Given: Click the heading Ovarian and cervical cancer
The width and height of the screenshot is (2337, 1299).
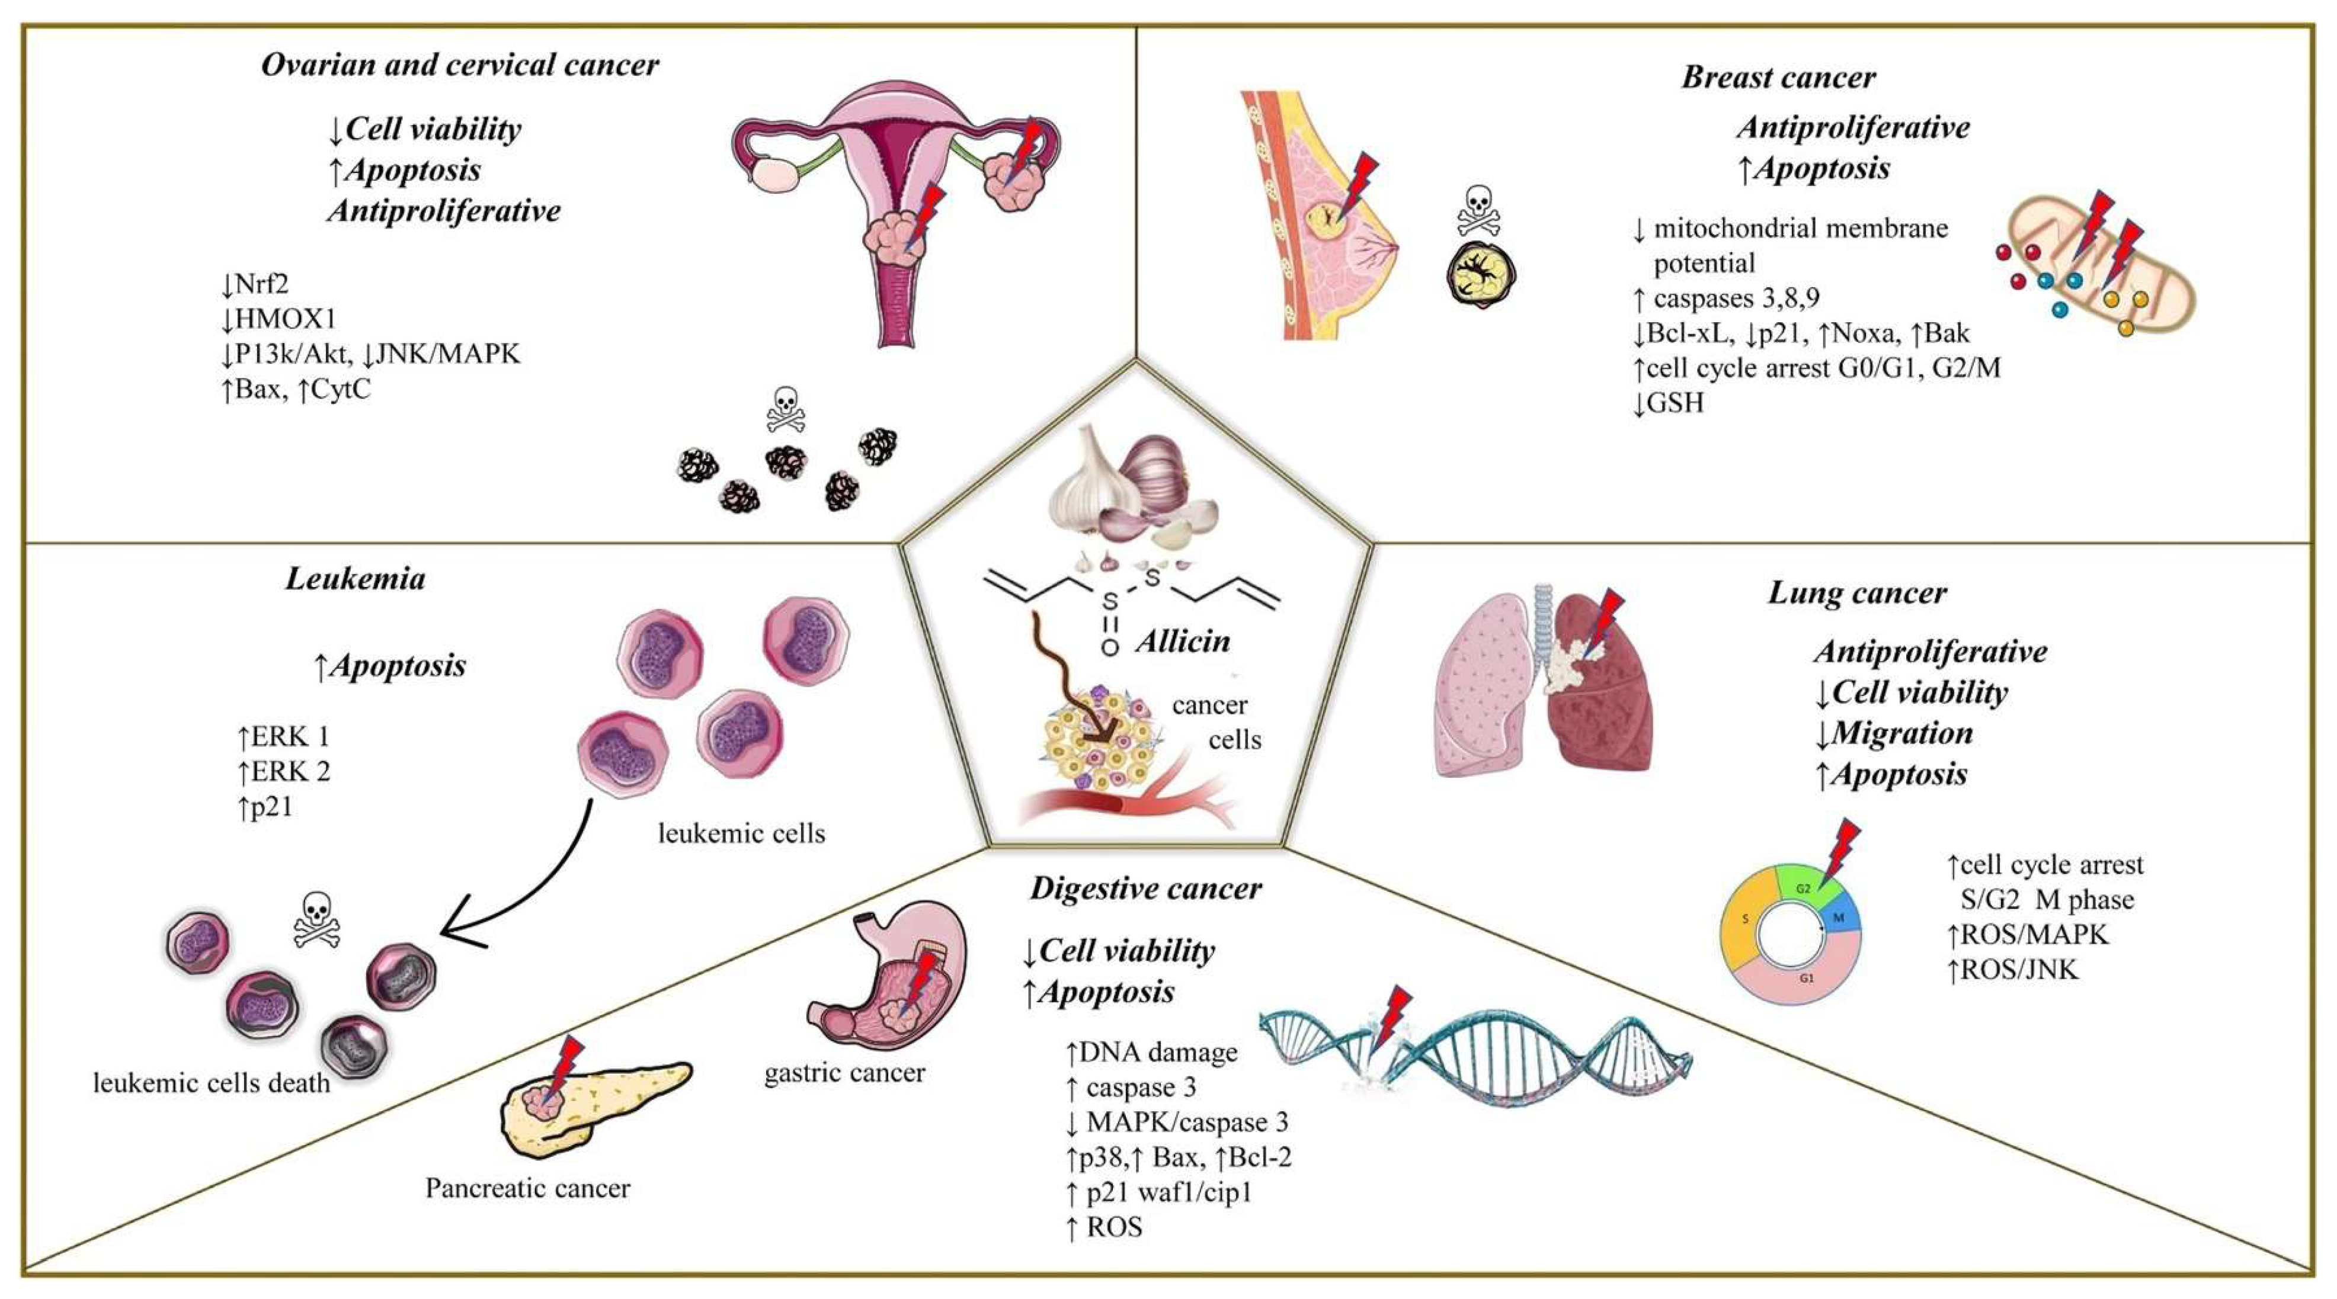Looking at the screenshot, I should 460,65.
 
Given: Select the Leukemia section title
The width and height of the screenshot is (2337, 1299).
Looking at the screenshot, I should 355,579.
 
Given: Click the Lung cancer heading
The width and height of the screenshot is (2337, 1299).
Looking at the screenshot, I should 1857,594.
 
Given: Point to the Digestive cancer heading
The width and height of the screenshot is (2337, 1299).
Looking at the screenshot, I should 1145,888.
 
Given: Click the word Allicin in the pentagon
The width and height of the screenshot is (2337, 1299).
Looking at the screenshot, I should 1183,642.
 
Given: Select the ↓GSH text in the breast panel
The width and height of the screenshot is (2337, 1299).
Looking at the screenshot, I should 1667,403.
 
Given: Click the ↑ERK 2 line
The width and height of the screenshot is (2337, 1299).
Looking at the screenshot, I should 283,771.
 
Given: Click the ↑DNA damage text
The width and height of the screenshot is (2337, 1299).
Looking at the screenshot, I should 1151,1052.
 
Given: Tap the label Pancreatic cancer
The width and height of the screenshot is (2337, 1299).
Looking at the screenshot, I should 527,1188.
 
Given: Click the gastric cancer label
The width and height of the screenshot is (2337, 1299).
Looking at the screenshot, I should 844,1073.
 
